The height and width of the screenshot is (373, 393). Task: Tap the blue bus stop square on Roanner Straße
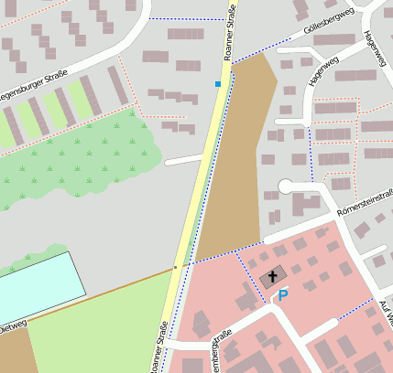pyautogui.click(x=218, y=84)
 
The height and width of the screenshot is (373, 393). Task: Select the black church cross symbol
pyautogui.click(x=272, y=277)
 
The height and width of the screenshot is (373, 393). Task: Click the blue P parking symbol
pyautogui.click(x=283, y=295)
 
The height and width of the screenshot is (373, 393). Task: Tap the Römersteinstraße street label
pyautogui.click(x=365, y=197)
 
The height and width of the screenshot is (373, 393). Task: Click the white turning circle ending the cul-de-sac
pyautogui.click(x=286, y=186)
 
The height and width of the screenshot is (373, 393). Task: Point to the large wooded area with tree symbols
pyautogui.click(x=82, y=155)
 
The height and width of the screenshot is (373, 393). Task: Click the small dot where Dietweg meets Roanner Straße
pyautogui.click(x=177, y=268)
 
